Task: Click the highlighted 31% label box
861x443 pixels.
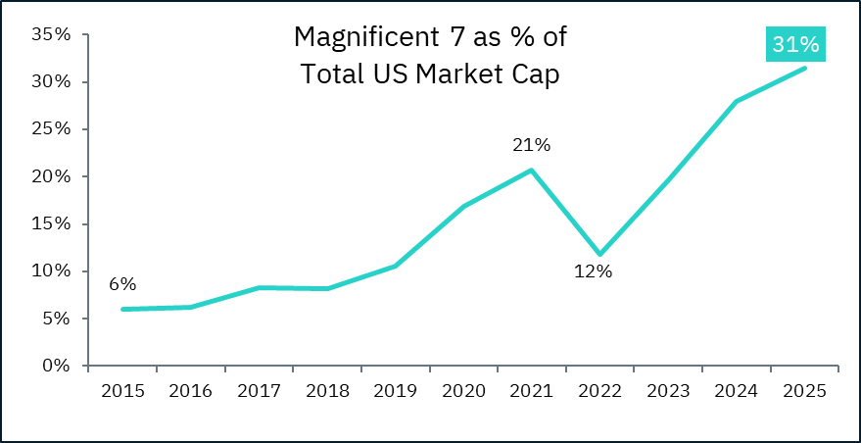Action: tap(794, 45)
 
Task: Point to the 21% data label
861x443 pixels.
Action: tap(532, 145)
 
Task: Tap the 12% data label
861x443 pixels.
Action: tap(593, 271)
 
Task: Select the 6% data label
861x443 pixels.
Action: tap(122, 284)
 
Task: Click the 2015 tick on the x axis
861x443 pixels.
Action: tap(122, 390)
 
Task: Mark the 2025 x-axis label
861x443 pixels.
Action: tap(804, 390)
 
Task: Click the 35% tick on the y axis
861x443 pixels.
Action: tap(51, 34)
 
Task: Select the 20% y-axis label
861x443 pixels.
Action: tap(51, 176)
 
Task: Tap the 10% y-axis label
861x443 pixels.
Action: tap(51, 271)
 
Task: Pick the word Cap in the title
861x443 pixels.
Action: tap(539, 74)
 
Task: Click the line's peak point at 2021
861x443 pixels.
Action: tap(532, 170)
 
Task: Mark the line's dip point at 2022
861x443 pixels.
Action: tap(599, 254)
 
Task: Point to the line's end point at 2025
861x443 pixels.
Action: tap(804, 68)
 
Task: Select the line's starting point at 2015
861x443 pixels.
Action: tap(122, 309)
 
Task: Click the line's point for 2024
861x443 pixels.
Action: tap(736, 101)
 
